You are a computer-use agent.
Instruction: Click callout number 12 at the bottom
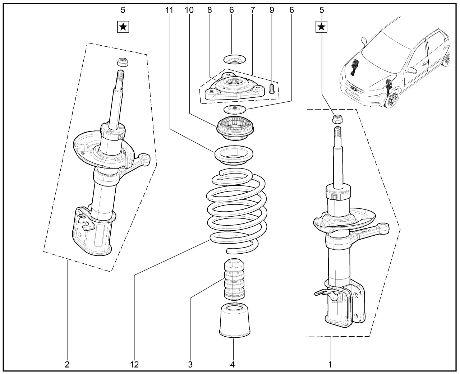click(134, 364)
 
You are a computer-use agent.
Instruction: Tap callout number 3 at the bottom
click(190, 364)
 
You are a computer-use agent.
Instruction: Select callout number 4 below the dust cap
click(233, 364)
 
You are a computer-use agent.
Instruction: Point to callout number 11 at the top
click(169, 10)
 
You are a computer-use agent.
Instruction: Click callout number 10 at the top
click(189, 10)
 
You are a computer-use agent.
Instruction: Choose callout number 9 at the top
click(272, 10)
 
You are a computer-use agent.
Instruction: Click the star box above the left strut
click(123, 26)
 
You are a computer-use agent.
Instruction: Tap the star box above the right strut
click(322, 26)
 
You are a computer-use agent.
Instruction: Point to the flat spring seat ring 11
click(233, 154)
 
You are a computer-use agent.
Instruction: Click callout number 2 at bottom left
click(67, 364)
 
